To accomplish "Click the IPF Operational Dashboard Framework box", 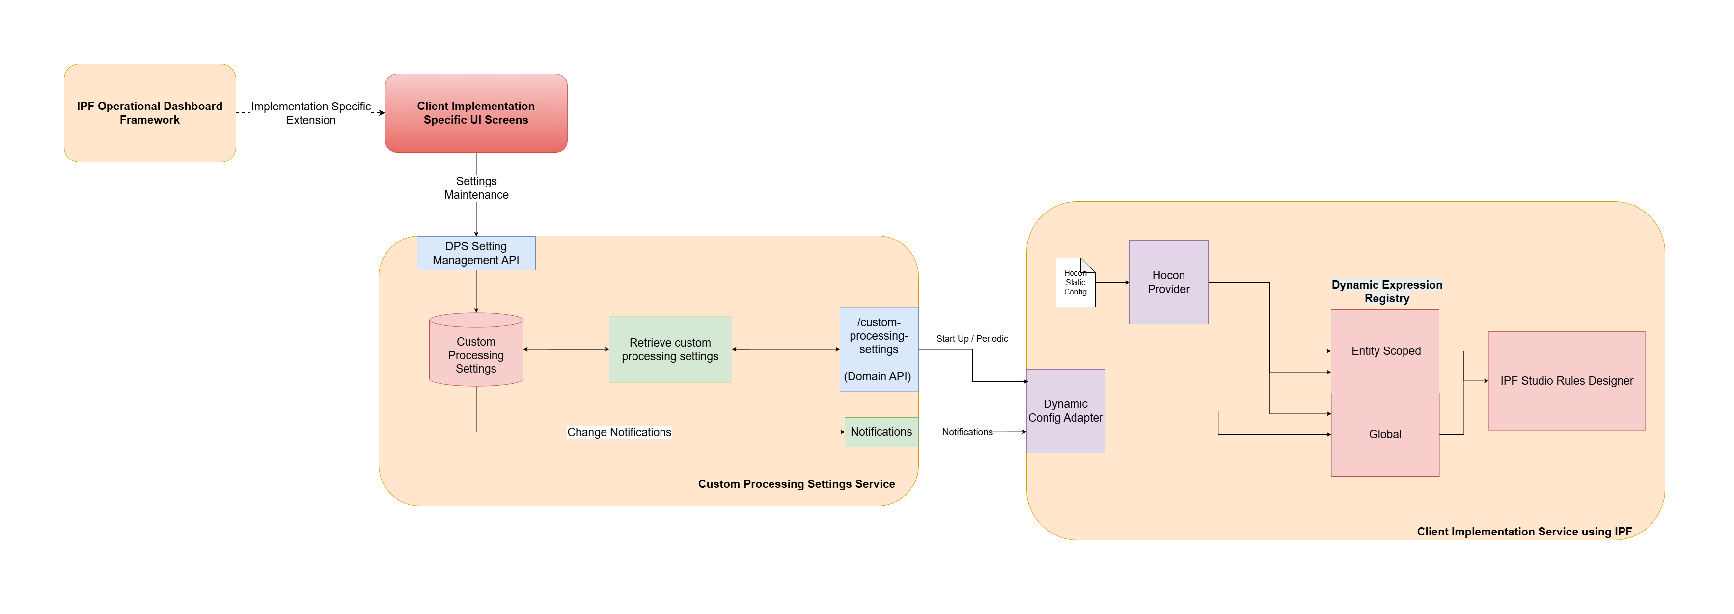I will (x=149, y=113).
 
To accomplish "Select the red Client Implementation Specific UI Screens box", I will (x=476, y=113).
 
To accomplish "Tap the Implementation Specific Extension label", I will (x=310, y=113).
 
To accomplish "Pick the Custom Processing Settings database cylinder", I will (x=476, y=353).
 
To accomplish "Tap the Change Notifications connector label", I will (x=619, y=432).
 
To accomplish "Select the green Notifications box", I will (x=881, y=432).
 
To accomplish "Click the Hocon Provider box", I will (x=1169, y=282).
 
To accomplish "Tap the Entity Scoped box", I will (x=1385, y=351).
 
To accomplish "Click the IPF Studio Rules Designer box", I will (x=1567, y=381).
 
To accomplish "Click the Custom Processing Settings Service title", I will (x=797, y=484).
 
